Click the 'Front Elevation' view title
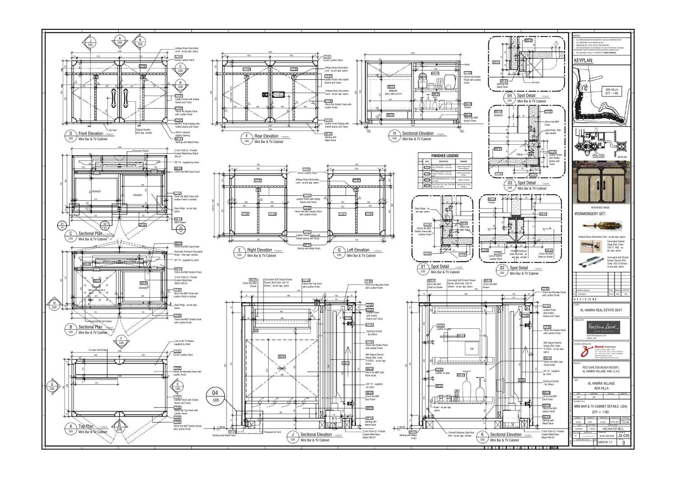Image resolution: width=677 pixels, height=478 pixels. (91, 133)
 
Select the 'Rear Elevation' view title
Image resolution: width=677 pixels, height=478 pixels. (266, 136)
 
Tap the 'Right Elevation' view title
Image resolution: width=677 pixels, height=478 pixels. (260, 250)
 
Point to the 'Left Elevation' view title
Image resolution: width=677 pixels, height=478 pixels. (358, 250)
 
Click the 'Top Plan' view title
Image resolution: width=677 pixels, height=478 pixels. (86, 426)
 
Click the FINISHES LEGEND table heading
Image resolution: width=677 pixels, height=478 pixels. (445, 156)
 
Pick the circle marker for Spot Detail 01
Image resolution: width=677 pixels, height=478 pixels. (423, 269)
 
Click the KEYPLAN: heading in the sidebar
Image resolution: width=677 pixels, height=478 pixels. (583, 60)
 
